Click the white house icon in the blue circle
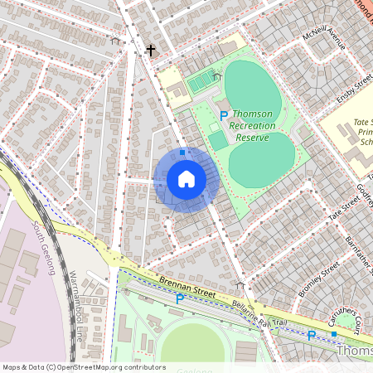[x=186, y=179]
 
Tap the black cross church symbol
[x=151, y=51]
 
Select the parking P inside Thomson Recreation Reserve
[x=222, y=114]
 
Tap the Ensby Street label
[x=349, y=91]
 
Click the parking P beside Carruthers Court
[x=312, y=336]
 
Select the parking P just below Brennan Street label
[x=180, y=299]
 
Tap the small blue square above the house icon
[x=182, y=153]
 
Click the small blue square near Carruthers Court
[x=334, y=333]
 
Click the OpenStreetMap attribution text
[x=83, y=367]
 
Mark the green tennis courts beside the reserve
[x=201, y=82]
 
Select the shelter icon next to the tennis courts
[x=216, y=77]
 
